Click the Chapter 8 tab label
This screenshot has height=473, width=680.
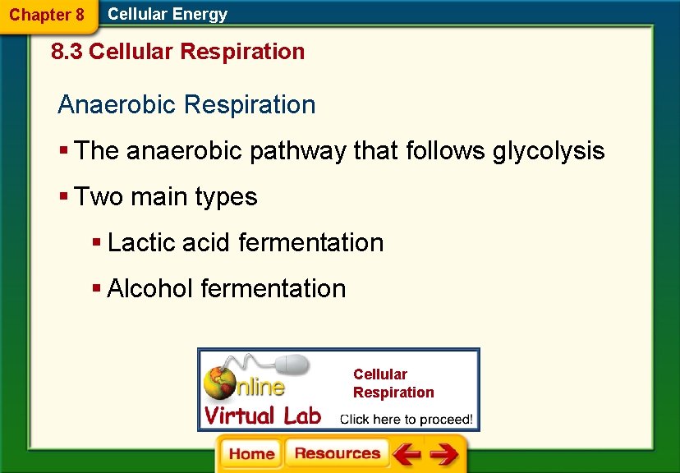click(x=47, y=15)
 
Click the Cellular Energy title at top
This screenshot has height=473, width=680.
click(x=168, y=14)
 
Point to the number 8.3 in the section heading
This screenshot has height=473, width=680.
click(x=67, y=52)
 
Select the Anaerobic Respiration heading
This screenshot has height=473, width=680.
click(x=186, y=104)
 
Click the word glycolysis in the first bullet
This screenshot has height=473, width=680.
click(x=549, y=151)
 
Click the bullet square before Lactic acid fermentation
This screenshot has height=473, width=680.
click(x=96, y=244)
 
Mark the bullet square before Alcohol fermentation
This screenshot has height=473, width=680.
click(x=96, y=290)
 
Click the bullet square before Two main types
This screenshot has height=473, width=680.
click(x=63, y=198)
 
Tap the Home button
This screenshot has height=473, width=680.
click(x=251, y=454)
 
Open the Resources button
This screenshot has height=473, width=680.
click(x=337, y=454)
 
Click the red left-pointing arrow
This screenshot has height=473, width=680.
click(x=406, y=454)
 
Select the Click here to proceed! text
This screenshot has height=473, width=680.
click(x=407, y=419)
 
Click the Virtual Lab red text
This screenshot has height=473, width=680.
click(x=262, y=416)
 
